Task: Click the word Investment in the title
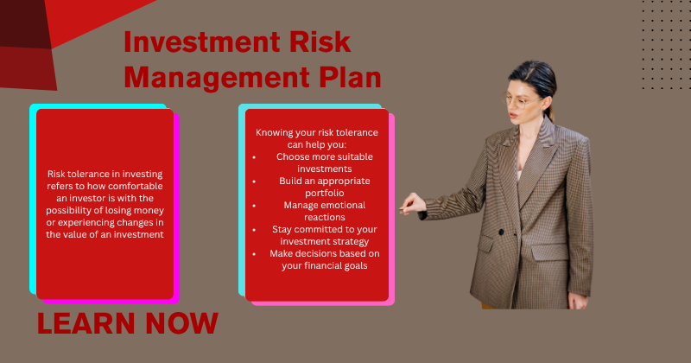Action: [202, 42]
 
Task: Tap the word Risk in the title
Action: [320, 42]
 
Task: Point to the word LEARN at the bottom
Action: [86, 323]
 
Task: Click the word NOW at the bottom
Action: [181, 323]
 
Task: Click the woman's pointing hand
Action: [413, 204]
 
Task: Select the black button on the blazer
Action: [501, 232]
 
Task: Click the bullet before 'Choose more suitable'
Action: [254, 157]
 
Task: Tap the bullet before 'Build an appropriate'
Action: [254, 181]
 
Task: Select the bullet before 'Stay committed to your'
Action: [254, 230]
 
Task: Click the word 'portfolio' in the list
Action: [325, 194]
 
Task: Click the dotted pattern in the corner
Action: [665, 45]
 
